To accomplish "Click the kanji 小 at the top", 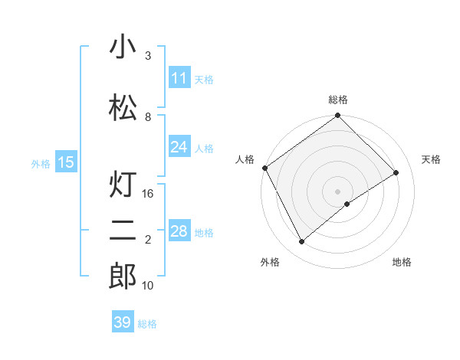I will click(x=123, y=47).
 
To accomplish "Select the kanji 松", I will click(x=123, y=107).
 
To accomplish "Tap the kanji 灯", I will click(x=123, y=185).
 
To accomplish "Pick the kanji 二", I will click(x=123, y=231).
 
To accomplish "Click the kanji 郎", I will click(x=123, y=277).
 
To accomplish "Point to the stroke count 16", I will click(x=149, y=194).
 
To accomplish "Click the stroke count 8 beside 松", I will click(x=148, y=116).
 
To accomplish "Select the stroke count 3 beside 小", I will click(x=148, y=56).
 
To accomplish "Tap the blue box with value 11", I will click(x=179, y=78).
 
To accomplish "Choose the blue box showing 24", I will click(x=179, y=147).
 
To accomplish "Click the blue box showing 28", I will click(x=179, y=232).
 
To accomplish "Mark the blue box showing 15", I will click(x=65, y=162).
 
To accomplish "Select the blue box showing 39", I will click(x=122, y=322).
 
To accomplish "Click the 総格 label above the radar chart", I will click(x=338, y=100).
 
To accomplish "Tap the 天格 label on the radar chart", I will click(x=432, y=159).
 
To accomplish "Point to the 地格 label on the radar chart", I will click(x=402, y=262).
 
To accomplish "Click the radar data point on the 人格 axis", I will click(x=264, y=168).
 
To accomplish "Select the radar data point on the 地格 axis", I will click(x=347, y=204).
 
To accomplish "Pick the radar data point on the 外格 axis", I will click(x=301, y=242).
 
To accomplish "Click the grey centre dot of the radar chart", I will click(x=338, y=191).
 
